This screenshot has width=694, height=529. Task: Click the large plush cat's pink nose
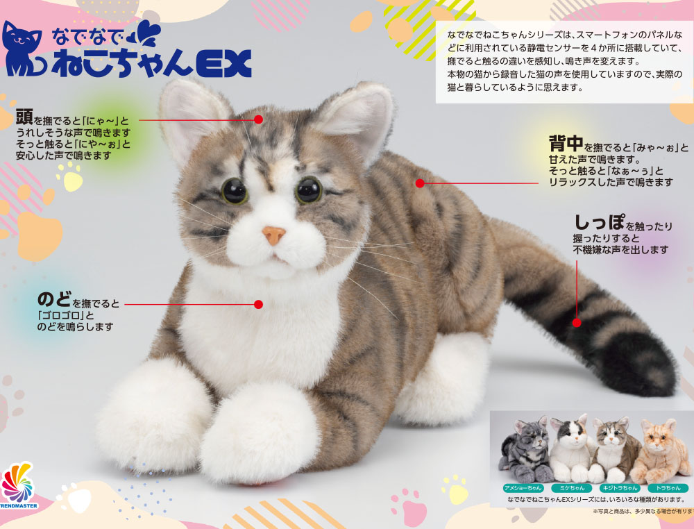273,235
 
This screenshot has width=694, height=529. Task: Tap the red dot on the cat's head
258,119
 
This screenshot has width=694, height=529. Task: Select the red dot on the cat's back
420,183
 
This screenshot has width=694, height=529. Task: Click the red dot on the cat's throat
258,304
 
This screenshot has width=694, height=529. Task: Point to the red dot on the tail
576,322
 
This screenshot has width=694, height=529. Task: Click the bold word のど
54,300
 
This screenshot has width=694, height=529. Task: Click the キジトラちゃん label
615,487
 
